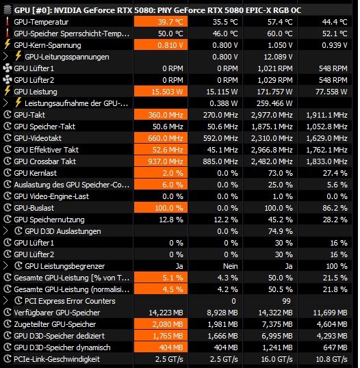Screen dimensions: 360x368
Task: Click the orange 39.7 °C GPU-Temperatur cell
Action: click(x=161, y=22)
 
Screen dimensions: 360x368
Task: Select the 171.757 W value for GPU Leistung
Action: click(x=274, y=92)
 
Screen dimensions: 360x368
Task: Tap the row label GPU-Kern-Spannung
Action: click(x=47, y=45)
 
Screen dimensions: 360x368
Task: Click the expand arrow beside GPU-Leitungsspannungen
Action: click(x=5, y=57)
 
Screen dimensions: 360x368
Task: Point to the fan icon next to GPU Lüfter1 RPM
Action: click(x=8, y=68)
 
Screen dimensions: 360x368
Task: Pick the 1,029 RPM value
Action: click(x=275, y=80)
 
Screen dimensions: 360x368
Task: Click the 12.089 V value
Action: click(x=278, y=57)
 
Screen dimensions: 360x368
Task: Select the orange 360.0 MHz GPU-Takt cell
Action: click(x=161, y=115)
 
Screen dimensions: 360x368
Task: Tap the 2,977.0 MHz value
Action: click(x=272, y=115)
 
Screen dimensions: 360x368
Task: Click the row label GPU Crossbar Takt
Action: click(x=45, y=161)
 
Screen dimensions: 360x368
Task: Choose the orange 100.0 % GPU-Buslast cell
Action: click(x=161, y=208)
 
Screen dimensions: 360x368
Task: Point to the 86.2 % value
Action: click(x=335, y=208)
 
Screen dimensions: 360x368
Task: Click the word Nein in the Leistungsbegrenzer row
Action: click(x=231, y=266)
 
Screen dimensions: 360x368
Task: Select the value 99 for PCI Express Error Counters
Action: click(x=286, y=301)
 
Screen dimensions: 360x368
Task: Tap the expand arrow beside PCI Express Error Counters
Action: click(x=5, y=301)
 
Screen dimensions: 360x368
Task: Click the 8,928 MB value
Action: click(x=222, y=313)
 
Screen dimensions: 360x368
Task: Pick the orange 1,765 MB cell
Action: click(x=161, y=336)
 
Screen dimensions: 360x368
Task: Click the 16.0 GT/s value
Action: click(x=277, y=359)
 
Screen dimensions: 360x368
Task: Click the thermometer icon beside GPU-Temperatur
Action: click(x=8, y=22)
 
